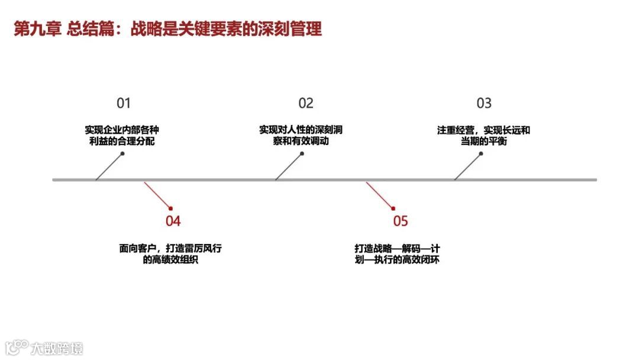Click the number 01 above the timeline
click(x=123, y=104)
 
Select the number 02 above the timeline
click(x=306, y=104)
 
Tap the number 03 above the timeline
click(x=484, y=104)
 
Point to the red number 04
click(x=173, y=221)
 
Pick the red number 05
click(x=401, y=221)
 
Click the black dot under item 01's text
click(x=122, y=153)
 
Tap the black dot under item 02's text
click(x=302, y=153)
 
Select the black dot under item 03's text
click(x=481, y=153)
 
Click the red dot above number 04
click(x=170, y=208)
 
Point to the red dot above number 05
click(x=393, y=207)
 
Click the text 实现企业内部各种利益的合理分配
click(x=122, y=136)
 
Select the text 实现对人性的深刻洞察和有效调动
click(x=301, y=136)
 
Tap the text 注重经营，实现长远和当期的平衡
click(x=484, y=136)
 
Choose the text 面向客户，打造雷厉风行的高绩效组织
click(x=170, y=254)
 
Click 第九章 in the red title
click(x=37, y=29)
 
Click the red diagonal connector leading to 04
click(x=157, y=194)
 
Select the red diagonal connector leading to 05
click(x=379, y=194)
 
